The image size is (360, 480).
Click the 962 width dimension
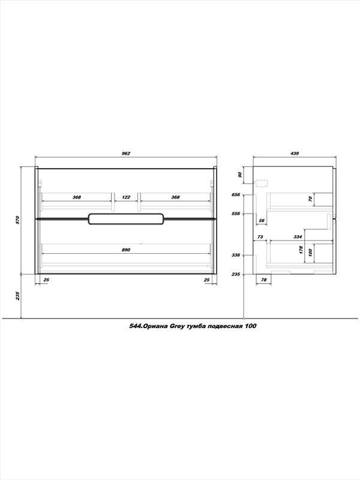[126, 154]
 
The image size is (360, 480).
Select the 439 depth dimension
[294, 154]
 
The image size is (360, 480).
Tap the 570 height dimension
[17, 220]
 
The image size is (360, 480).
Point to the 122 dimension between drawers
[126, 197]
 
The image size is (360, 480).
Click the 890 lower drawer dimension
[126, 250]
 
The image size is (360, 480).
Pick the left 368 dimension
[77, 197]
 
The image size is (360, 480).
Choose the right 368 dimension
[175, 197]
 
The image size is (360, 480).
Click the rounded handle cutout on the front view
[126, 218]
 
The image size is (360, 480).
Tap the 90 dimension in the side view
[240, 175]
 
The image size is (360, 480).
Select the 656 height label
[236, 194]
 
